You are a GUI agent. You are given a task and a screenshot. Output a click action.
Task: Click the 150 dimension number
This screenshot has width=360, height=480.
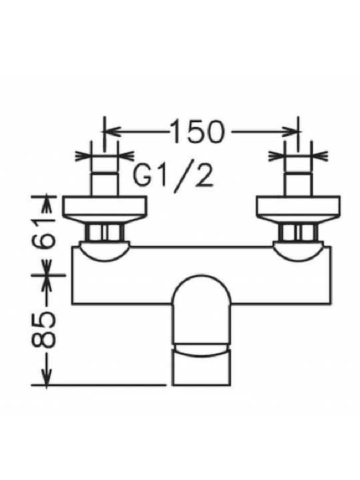tap(198, 131)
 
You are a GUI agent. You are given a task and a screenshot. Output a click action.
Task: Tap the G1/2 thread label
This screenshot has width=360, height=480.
tap(173, 175)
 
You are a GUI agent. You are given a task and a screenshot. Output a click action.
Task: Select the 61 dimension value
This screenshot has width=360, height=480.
tap(43, 233)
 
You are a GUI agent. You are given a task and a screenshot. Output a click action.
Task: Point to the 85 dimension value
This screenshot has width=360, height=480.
tap(43, 331)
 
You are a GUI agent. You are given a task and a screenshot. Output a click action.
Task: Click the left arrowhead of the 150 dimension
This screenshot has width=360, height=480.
tap(111, 132)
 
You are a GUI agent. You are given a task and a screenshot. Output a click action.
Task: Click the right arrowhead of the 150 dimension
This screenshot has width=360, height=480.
tap(290, 132)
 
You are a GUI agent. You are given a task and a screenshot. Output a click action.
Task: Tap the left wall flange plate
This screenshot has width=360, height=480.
tap(105, 207)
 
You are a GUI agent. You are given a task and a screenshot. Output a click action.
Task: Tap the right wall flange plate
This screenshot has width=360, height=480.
tap(298, 207)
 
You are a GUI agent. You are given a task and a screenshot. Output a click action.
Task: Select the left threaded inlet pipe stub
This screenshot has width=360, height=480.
tap(105, 183)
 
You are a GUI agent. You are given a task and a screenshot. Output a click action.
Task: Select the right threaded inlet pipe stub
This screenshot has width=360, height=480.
tap(298, 183)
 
